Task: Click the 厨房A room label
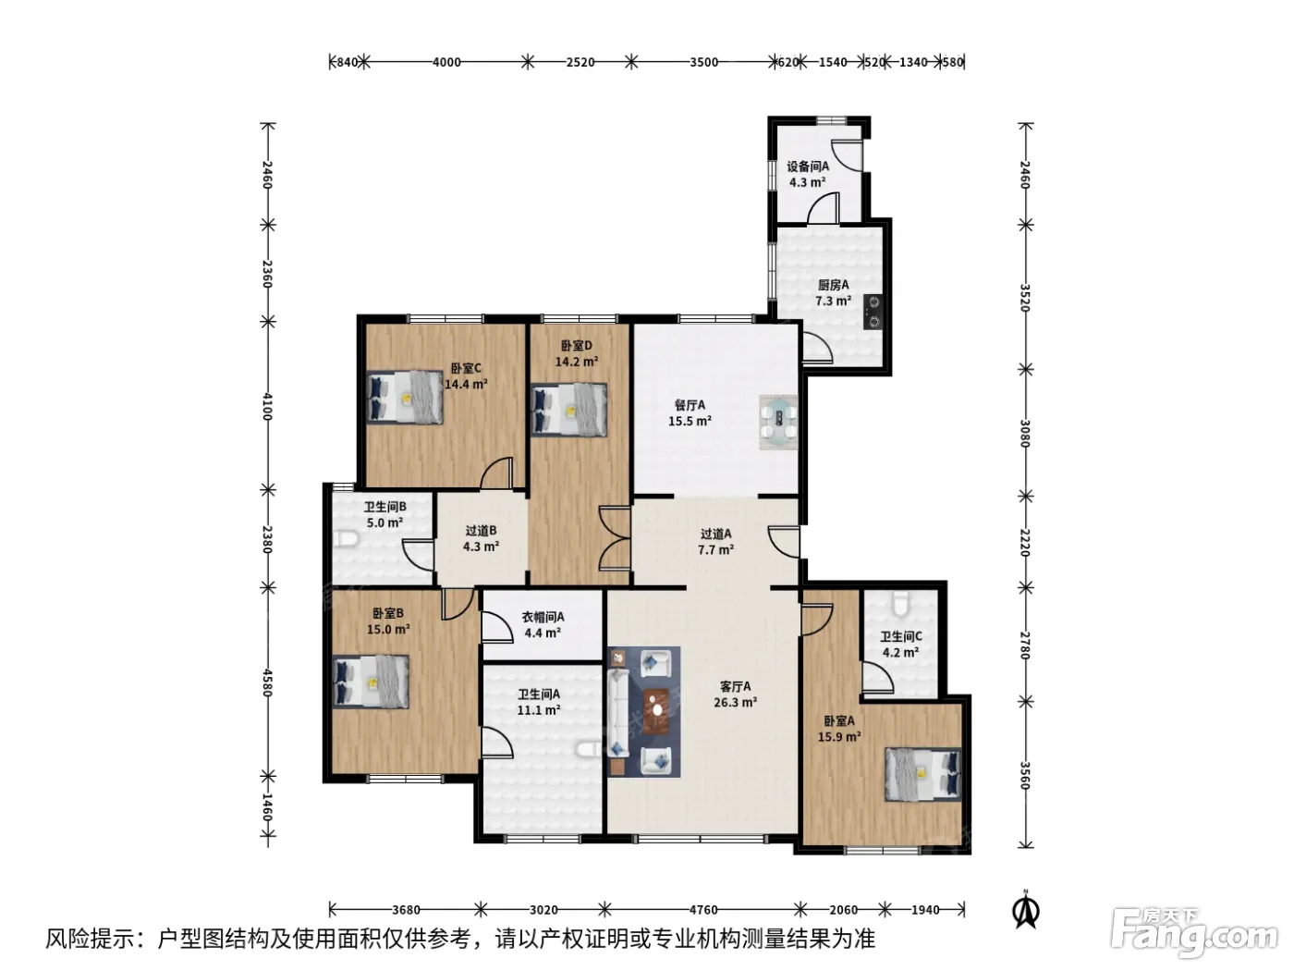click(x=833, y=286)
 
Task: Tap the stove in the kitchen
click(x=873, y=312)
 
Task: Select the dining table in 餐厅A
click(x=778, y=422)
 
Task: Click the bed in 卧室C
click(x=405, y=398)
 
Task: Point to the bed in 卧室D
click(x=568, y=411)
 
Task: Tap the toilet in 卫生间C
click(x=901, y=604)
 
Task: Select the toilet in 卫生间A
click(x=588, y=750)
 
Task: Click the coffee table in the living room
click(x=656, y=711)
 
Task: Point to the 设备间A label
click(x=808, y=166)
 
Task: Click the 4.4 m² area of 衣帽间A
click(x=543, y=633)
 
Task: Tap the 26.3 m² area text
click(x=735, y=702)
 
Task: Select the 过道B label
click(x=481, y=531)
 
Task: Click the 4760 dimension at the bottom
click(x=703, y=910)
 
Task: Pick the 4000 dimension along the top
click(x=446, y=62)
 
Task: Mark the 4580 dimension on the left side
click(x=267, y=682)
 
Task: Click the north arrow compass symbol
click(x=1026, y=911)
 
